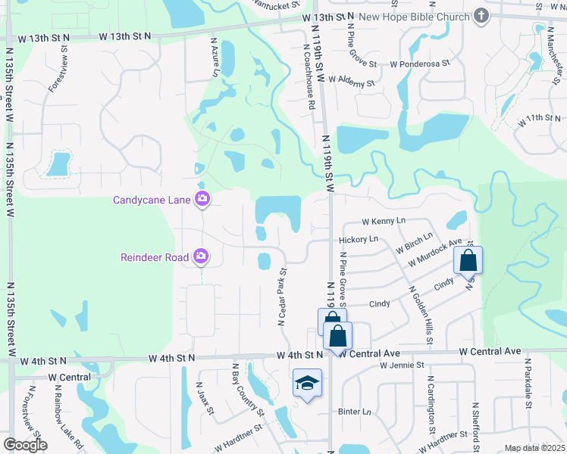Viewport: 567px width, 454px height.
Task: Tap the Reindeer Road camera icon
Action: (x=201, y=257)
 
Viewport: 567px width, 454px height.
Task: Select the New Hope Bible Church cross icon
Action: (x=481, y=15)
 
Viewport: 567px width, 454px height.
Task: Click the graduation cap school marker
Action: (x=306, y=383)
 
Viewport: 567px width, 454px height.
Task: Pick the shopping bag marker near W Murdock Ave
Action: (x=468, y=261)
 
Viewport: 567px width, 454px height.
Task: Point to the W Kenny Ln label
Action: (x=384, y=221)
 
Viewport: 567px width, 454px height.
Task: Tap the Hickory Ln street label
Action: (x=358, y=239)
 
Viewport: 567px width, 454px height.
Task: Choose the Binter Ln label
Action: (x=355, y=412)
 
